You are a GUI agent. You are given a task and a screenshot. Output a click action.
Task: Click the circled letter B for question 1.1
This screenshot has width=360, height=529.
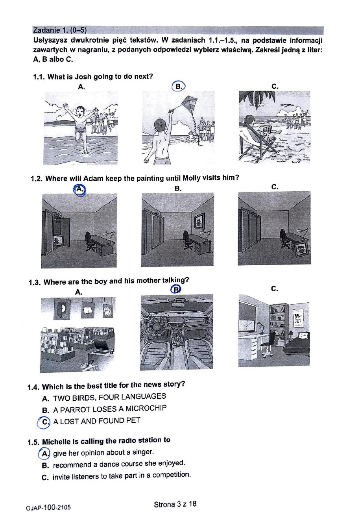click(178, 86)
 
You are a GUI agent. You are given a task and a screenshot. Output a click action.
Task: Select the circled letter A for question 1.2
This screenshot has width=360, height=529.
click(79, 189)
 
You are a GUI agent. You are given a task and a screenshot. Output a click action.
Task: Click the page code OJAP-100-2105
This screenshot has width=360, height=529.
click(49, 507)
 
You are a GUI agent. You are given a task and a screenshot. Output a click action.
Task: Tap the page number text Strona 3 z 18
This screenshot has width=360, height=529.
click(175, 504)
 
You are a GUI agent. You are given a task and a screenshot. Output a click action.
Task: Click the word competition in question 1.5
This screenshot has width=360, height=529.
click(172, 475)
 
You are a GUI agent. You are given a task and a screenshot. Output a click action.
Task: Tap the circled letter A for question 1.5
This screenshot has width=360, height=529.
click(45, 453)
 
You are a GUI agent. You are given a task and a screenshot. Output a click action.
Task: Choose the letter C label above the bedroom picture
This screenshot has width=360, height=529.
click(275, 289)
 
